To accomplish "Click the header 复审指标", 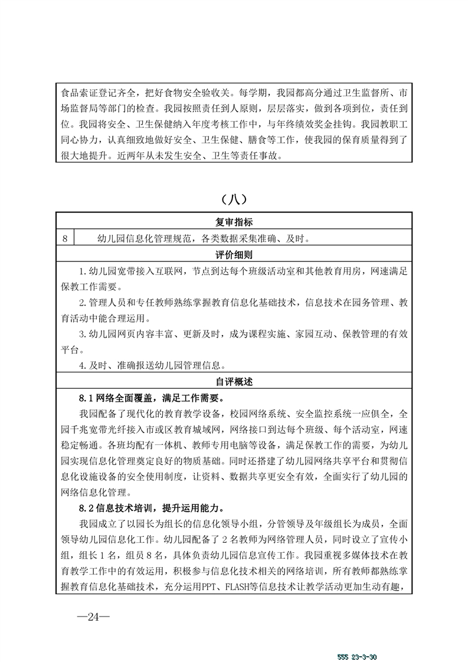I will [234, 222].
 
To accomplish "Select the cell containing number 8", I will [65, 238].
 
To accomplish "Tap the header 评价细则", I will [234, 255].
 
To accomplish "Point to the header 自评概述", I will [234, 382].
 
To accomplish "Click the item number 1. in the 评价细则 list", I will [83, 271].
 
